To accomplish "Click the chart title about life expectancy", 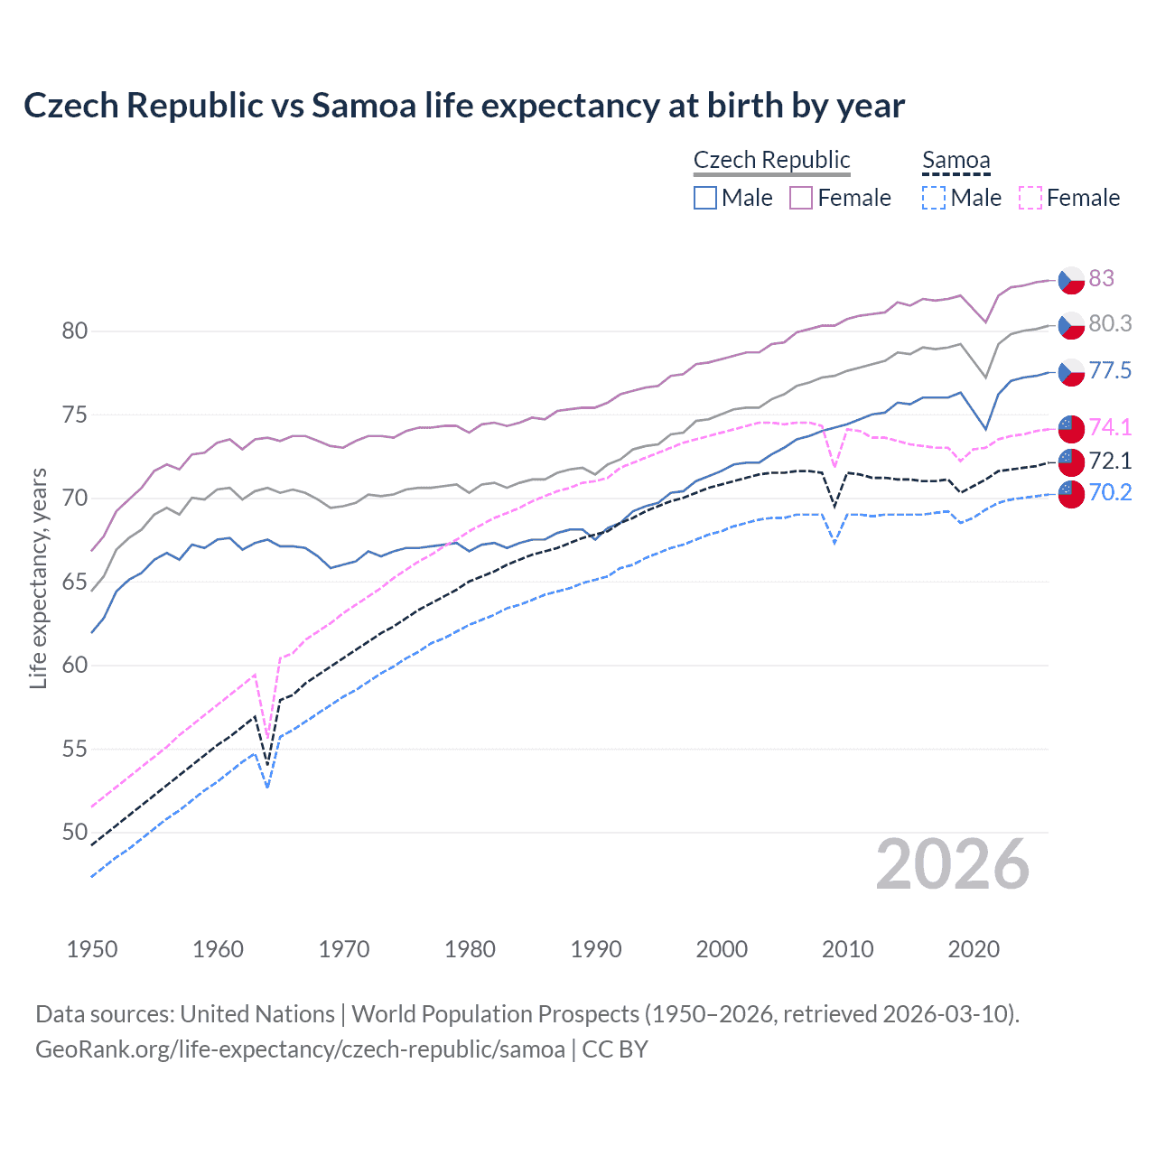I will pos(463,106).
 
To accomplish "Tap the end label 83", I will pos(1101,278).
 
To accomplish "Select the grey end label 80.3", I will pos(1110,323).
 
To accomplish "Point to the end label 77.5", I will pos(1110,370).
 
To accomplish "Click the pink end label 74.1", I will pos(1110,427).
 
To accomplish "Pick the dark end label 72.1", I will pos(1110,461).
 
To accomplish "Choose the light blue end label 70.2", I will pos(1110,492).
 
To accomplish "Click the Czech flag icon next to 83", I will pos(1071,280).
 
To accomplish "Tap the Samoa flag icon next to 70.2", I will pos(1071,494).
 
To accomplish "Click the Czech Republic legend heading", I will pos(771,160).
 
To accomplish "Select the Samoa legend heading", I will pos(956,160).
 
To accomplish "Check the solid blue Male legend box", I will pos(705,198).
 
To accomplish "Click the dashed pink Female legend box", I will pos(1030,198).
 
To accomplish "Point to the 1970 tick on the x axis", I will pos(344,949).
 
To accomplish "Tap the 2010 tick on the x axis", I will pos(847,949).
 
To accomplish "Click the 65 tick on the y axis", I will pos(75,582).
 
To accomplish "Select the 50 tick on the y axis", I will pos(75,832).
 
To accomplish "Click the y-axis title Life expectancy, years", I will pos(38,578).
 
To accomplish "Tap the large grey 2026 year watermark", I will pos(952,865).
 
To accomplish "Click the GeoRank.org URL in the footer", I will pos(300,1049).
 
